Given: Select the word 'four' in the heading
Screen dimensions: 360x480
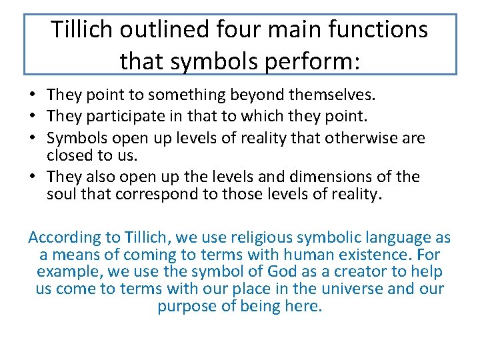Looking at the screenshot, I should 250,30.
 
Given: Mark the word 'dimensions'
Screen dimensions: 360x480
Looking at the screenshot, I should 339,177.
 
